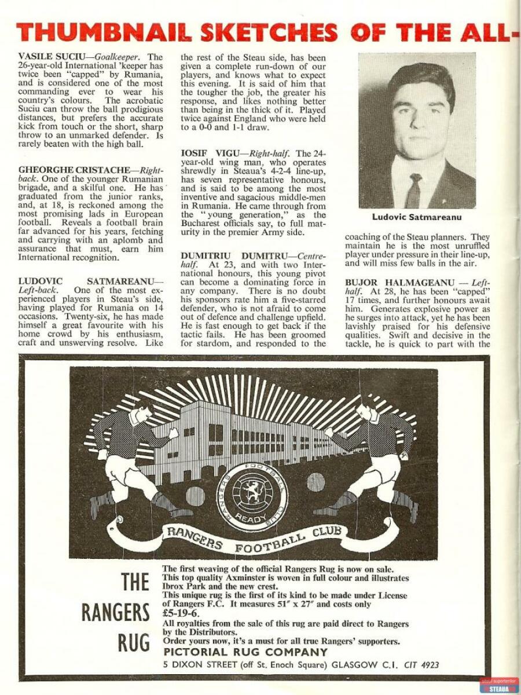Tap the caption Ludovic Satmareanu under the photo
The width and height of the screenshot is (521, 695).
point(416,217)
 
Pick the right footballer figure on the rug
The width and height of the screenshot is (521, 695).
point(370,458)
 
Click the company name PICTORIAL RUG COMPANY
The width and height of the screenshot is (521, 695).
point(245,652)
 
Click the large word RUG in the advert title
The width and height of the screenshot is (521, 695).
point(134,642)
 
